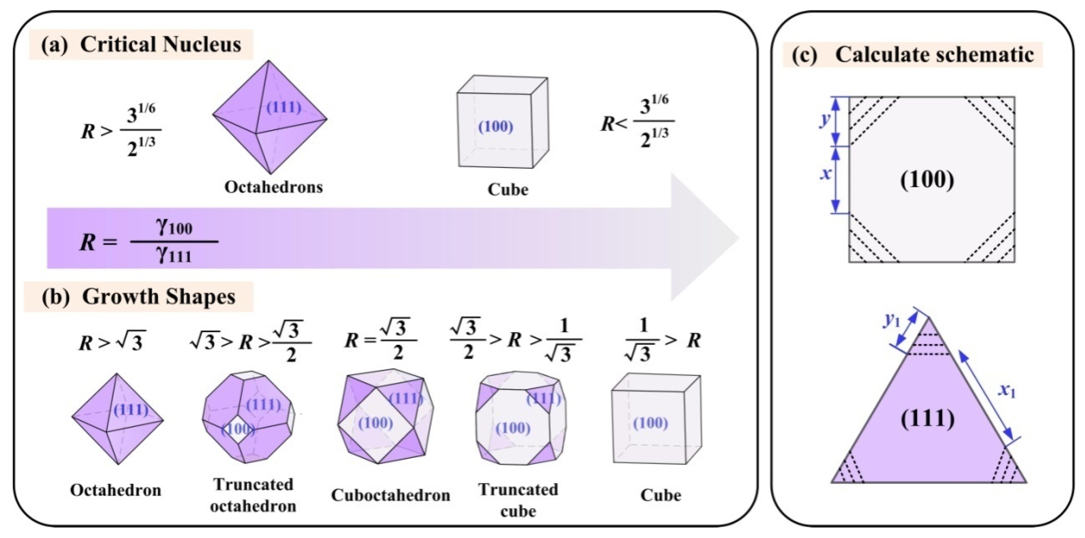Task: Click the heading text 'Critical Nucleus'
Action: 160,45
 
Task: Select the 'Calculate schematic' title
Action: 934,55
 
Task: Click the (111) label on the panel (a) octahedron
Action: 284,108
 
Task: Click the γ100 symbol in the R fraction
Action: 174,227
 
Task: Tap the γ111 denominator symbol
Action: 174,255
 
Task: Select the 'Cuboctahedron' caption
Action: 390,495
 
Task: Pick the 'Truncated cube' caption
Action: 518,500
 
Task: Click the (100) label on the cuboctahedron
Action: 375,423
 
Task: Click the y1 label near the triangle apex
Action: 892,321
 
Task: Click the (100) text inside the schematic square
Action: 927,181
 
